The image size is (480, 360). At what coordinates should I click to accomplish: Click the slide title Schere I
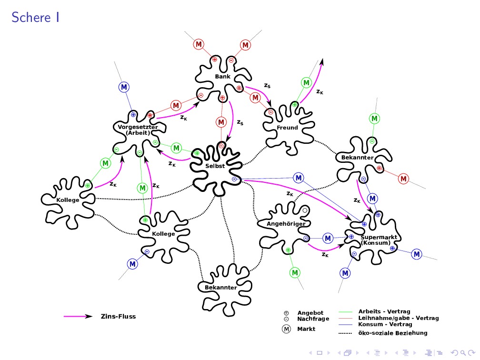(36, 18)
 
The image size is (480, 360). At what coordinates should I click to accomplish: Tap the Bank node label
(222, 76)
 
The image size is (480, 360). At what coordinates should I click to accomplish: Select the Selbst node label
(215, 166)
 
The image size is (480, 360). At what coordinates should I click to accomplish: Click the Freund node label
(287, 128)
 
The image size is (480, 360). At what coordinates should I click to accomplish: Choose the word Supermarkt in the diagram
(375, 237)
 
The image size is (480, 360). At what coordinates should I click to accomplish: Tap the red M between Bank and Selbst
(221, 122)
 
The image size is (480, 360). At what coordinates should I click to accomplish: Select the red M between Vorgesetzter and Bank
(176, 105)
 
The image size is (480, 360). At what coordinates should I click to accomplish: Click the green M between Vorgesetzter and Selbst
(176, 148)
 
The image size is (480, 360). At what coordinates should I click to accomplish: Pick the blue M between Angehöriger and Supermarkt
(328, 238)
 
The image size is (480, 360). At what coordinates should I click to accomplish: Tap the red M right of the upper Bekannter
(404, 179)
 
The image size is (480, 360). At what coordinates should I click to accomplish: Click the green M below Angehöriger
(295, 272)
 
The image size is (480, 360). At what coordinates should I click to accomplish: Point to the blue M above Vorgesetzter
(124, 87)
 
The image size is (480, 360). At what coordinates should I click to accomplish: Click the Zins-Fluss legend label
(118, 316)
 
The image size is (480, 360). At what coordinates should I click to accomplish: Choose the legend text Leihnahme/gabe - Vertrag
(398, 318)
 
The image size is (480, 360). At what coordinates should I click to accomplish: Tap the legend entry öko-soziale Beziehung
(392, 333)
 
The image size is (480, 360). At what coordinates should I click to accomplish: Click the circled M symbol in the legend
(286, 329)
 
